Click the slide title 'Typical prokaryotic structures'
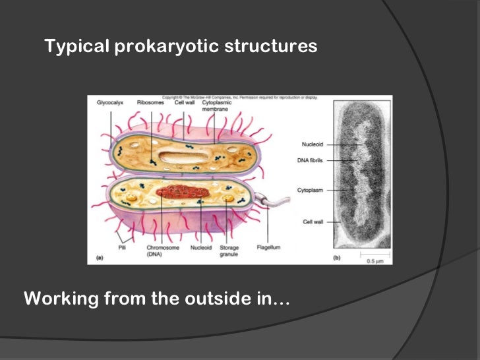pos(181,47)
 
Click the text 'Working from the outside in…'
pos(156,299)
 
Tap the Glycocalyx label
pos(109,103)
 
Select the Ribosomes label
pos(149,103)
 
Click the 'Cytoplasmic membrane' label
pos(216,105)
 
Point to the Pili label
pos(122,248)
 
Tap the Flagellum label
pos(268,248)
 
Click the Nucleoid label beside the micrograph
pos(311,143)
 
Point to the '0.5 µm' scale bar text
pos(375,260)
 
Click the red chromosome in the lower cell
pos(183,193)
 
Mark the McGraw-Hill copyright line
pos(239,98)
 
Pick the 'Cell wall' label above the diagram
pos(183,103)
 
